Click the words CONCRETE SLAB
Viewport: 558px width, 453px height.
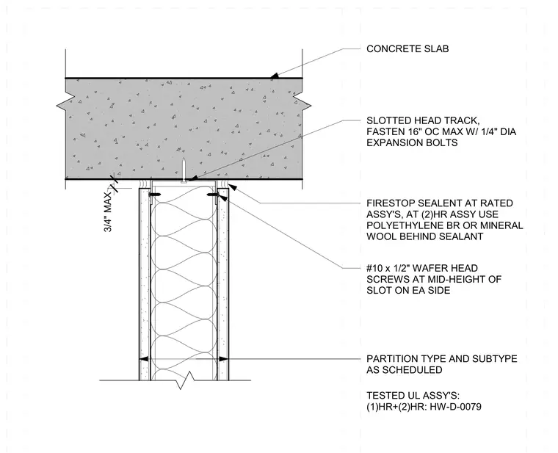407,48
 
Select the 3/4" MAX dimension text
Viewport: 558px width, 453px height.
108,212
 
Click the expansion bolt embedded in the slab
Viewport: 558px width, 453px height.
184,170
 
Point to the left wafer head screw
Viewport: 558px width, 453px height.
155,195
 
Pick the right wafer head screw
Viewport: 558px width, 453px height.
212,195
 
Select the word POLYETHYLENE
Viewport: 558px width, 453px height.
402,225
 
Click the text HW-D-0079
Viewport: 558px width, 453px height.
456,407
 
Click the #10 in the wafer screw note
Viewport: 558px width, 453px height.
373,268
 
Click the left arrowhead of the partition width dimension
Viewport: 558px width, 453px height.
143,360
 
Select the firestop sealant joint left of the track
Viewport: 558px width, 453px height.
144,184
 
